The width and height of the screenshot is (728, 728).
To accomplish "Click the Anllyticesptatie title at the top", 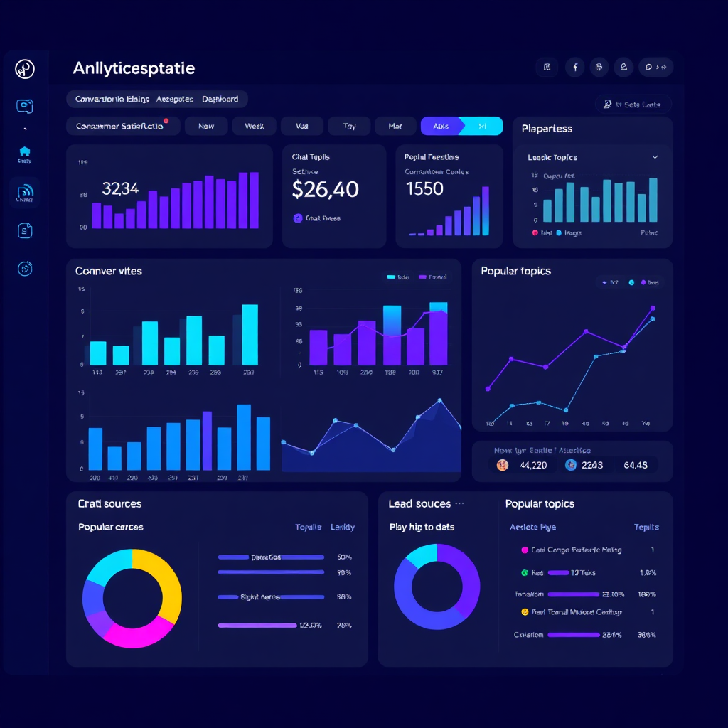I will (x=134, y=69).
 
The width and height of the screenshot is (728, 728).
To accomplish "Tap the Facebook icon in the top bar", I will (x=574, y=68).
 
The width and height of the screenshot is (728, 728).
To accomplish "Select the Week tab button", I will (x=254, y=126).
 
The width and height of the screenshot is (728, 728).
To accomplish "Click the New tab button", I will (x=206, y=126).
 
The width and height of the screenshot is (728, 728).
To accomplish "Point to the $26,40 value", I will (x=325, y=189).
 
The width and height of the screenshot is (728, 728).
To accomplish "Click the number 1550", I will (x=424, y=189).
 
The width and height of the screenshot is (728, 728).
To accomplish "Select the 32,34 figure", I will (x=120, y=189).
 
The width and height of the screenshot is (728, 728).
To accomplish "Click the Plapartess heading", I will (x=547, y=129).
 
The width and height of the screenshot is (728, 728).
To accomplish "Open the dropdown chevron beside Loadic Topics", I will (x=655, y=157).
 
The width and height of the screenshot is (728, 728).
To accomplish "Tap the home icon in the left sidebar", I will (x=25, y=151).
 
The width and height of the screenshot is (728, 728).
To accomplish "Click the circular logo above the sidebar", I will (x=25, y=69).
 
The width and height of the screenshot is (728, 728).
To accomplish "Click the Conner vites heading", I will (x=109, y=271).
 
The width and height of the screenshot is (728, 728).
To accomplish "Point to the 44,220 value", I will (x=533, y=466).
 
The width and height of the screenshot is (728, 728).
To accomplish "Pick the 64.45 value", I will (x=635, y=466).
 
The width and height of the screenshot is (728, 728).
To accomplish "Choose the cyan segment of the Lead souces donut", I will (x=421, y=555).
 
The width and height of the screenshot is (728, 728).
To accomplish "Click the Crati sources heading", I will (x=109, y=504).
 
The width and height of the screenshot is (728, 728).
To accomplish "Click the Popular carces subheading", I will (x=110, y=528).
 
